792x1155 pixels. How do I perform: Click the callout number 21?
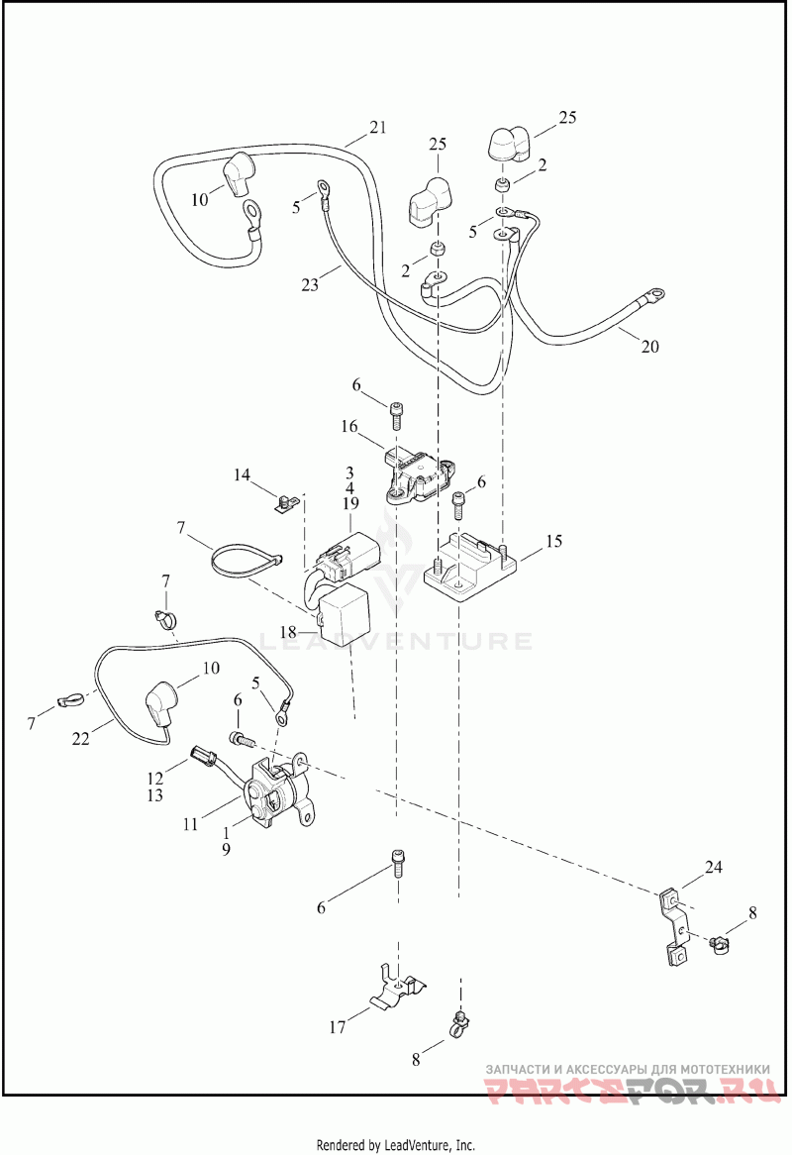coord(377,127)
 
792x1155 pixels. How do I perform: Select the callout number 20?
coord(649,347)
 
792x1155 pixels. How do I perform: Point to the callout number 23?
coord(310,284)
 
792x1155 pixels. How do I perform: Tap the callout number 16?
coord(349,427)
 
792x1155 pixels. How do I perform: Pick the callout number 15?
coord(552,542)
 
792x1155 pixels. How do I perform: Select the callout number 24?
coord(715,869)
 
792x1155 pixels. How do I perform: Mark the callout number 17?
coord(338,1027)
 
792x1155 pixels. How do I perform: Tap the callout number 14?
coord(243,475)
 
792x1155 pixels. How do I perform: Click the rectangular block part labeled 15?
coord(472,567)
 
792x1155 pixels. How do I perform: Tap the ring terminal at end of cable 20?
coord(654,294)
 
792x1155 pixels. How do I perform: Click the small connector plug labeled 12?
coord(204,759)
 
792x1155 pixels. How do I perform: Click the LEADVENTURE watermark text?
coord(396,641)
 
